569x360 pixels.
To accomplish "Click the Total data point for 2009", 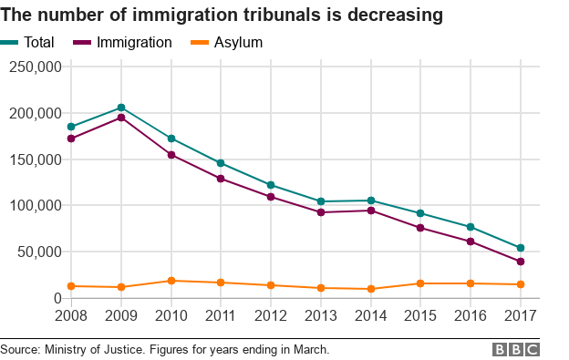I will (x=120, y=108).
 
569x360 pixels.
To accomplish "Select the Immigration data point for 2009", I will (x=120, y=118).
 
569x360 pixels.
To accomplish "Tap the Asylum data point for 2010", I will (x=171, y=281).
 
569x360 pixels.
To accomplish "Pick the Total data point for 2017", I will (x=520, y=248).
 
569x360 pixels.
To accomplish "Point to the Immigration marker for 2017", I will (x=520, y=262).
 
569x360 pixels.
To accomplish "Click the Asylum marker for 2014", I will (x=370, y=289).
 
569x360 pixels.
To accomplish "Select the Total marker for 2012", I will (x=271, y=185).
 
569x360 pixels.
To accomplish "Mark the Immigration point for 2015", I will (x=420, y=228).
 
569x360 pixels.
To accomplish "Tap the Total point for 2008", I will (x=71, y=127).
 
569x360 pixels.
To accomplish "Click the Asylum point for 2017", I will (x=520, y=284).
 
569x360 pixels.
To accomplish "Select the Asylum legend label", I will (x=240, y=42).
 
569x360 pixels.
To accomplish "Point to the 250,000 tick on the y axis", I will (x=35, y=67).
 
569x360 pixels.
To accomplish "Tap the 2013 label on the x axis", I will (x=320, y=316).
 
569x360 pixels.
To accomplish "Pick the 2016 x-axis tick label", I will (x=470, y=316).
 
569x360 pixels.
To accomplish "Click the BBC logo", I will (x=516, y=350).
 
